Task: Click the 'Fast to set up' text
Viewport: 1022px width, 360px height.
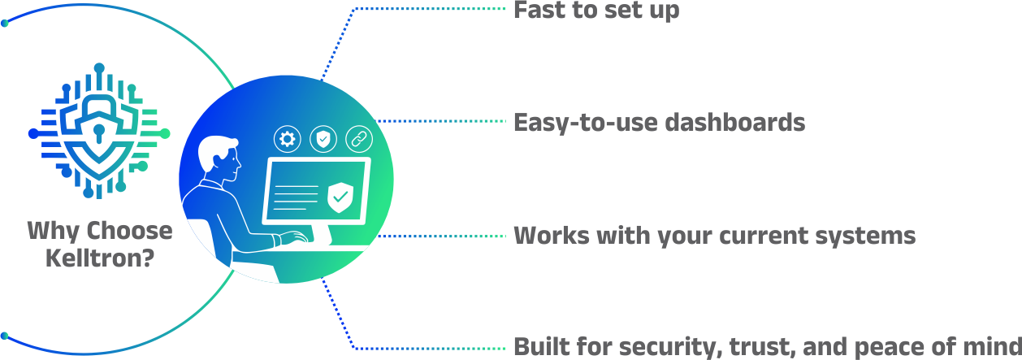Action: click(596, 10)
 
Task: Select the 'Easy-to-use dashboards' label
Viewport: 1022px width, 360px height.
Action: click(660, 122)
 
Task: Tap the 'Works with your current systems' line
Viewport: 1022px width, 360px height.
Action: click(714, 236)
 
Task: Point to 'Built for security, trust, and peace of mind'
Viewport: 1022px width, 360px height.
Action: click(768, 347)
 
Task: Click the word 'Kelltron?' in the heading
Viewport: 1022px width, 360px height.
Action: click(100, 258)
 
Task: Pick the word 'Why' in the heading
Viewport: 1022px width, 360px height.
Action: click(54, 232)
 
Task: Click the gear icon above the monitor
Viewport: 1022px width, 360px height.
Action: click(287, 139)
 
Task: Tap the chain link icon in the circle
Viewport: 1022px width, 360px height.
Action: click(359, 139)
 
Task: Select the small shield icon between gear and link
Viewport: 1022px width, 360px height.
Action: click(323, 139)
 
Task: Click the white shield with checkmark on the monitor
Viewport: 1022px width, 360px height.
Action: click(340, 197)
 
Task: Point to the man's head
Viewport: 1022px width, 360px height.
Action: click(219, 158)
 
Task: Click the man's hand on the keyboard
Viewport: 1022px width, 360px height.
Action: click(293, 238)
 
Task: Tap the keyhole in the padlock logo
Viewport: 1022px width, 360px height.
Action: click(99, 132)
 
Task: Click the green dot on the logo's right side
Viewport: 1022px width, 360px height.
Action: click(165, 133)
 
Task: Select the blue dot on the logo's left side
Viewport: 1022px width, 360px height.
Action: click(33, 133)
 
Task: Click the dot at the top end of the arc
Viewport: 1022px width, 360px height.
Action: click(5, 23)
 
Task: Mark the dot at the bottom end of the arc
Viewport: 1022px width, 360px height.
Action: click(5, 336)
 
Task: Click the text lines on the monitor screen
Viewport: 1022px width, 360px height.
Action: click(295, 197)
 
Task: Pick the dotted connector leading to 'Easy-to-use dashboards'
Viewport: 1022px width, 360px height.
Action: click(440, 121)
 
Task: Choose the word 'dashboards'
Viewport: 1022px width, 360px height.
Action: click(735, 122)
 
